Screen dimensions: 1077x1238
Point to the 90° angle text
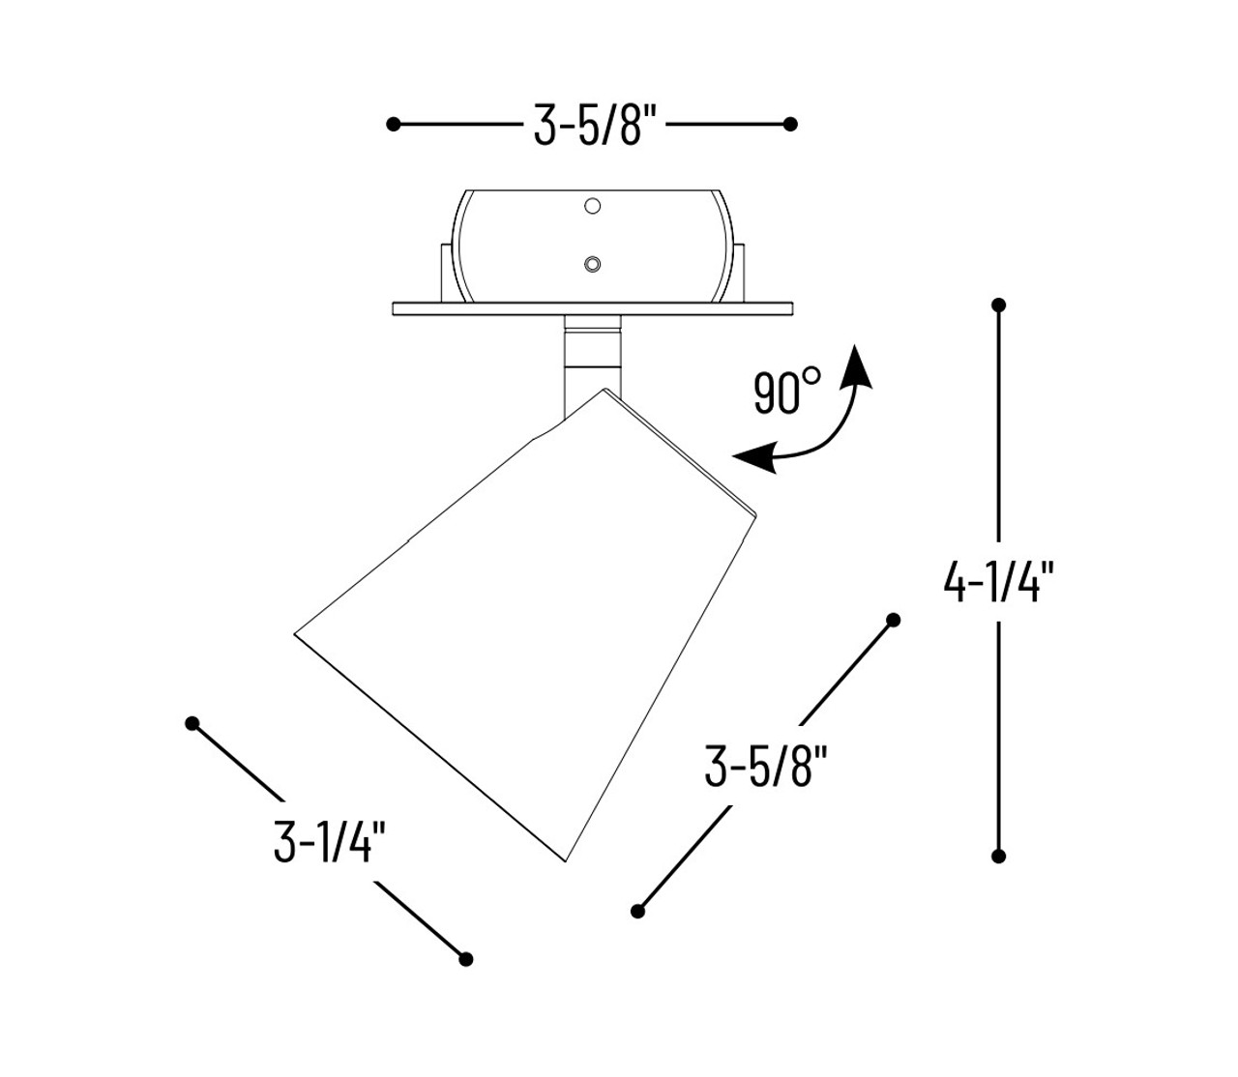786,393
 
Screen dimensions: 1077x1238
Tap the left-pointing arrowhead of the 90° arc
750,457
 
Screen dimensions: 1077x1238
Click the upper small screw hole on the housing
593,206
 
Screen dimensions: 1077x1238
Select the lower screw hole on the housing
593,264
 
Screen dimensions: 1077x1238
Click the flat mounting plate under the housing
592,308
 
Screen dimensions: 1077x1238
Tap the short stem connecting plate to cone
591,353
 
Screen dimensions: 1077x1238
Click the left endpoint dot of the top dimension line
393,124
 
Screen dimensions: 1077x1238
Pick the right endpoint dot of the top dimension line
790,124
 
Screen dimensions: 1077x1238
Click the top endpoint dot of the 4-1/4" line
999,306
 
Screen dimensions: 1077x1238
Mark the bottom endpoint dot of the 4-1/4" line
999,856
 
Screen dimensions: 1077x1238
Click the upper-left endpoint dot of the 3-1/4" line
192,723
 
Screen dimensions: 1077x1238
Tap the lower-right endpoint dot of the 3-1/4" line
465,959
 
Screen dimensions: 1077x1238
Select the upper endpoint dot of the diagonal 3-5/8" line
893,620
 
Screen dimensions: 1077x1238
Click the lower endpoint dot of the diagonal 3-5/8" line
637,911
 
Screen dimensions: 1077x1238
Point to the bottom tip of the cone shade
566,859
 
